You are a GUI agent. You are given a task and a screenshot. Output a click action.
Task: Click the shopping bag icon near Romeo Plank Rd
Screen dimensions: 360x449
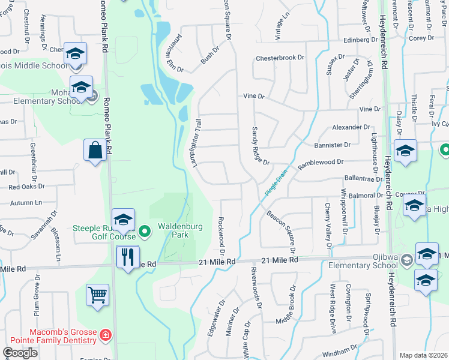(x=96, y=151)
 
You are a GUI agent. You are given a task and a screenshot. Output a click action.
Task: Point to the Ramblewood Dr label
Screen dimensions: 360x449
(x=321, y=162)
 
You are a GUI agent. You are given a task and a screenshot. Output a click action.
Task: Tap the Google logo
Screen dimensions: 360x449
(x=20, y=353)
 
